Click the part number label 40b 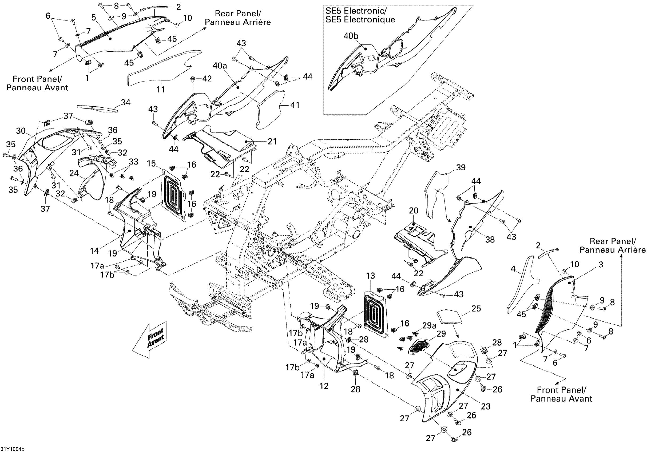351,36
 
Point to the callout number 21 272,141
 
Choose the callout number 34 125,102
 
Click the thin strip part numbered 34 97,109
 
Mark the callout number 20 413,211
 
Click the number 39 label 461,167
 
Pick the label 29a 429,326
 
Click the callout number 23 486,406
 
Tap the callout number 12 324,386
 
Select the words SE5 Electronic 356,11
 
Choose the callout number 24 74,173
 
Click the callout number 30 21,131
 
